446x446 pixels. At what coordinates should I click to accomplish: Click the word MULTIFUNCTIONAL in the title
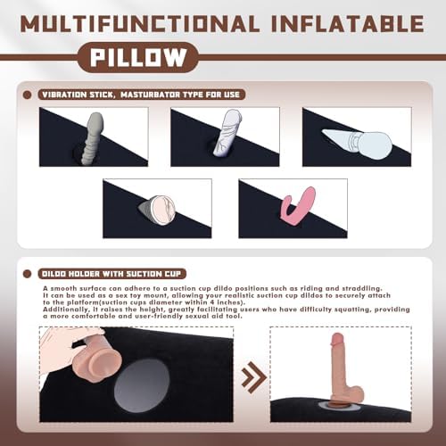point(140,24)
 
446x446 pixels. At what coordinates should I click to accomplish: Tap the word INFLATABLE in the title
point(348,24)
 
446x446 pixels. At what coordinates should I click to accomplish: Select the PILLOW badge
point(138,57)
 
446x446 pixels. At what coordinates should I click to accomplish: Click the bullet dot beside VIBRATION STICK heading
point(27,95)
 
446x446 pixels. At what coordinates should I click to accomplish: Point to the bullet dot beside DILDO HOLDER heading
point(27,274)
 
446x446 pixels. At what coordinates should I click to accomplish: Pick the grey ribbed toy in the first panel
point(93,139)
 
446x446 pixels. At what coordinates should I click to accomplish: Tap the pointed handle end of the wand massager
point(324,132)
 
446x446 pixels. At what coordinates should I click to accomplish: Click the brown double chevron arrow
point(253,378)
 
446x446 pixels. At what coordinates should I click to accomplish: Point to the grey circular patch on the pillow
point(142,385)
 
